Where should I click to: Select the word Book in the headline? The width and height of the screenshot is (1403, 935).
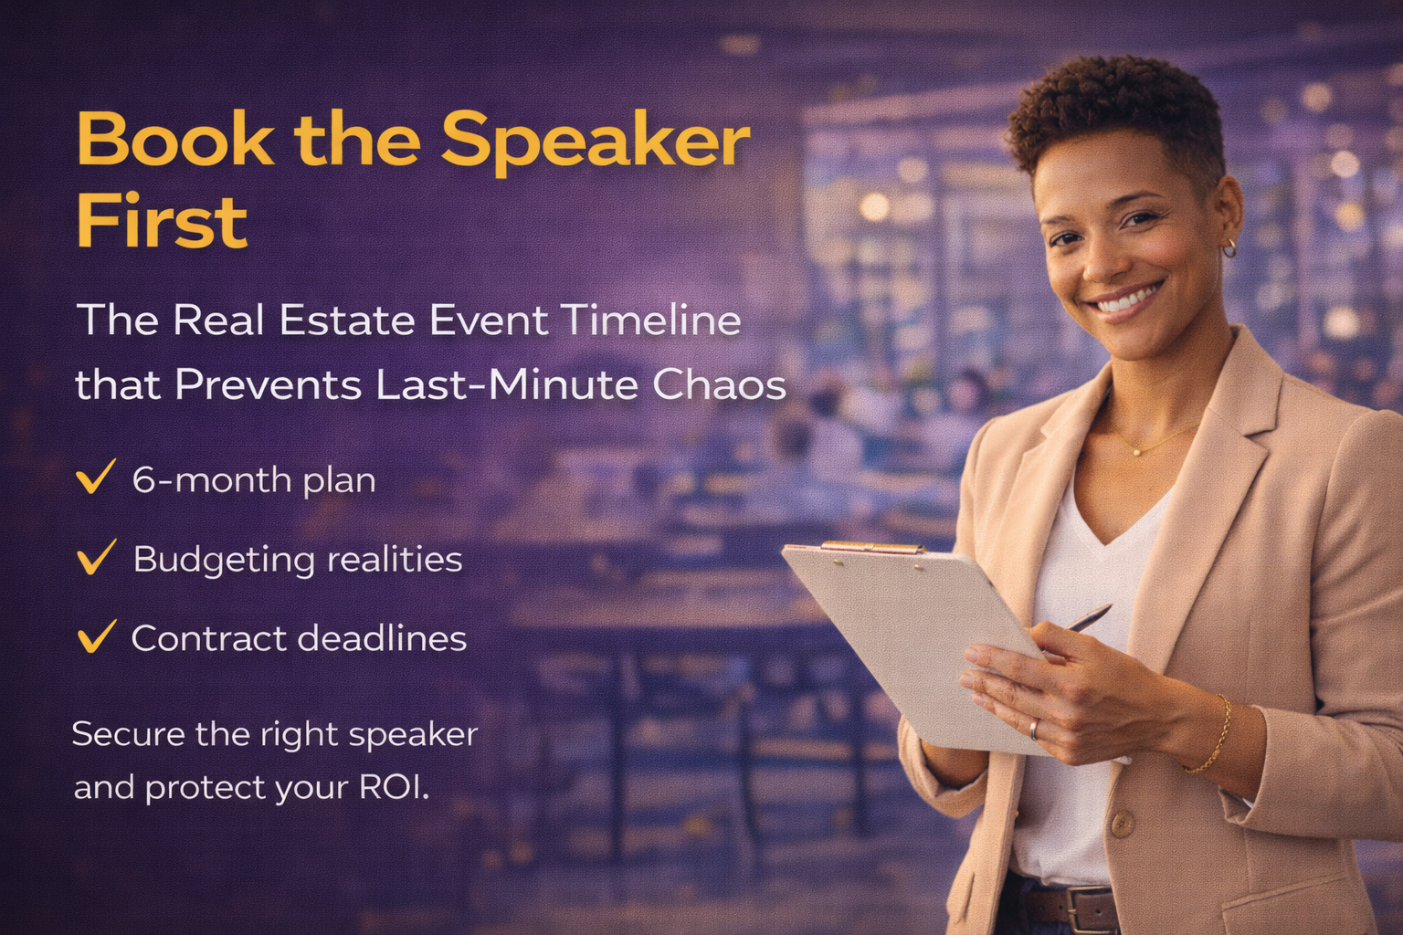click(x=175, y=138)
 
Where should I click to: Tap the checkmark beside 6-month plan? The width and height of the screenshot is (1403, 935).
click(x=95, y=477)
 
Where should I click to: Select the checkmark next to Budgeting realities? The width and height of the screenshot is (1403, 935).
click(x=96, y=557)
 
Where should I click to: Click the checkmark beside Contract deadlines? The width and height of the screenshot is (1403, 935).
click(x=96, y=636)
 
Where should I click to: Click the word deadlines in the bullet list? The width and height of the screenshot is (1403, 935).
click(x=382, y=638)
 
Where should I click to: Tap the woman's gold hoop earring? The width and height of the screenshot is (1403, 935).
click(x=1229, y=248)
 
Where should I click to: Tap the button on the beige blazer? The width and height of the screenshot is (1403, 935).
click(x=1123, y=824)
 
